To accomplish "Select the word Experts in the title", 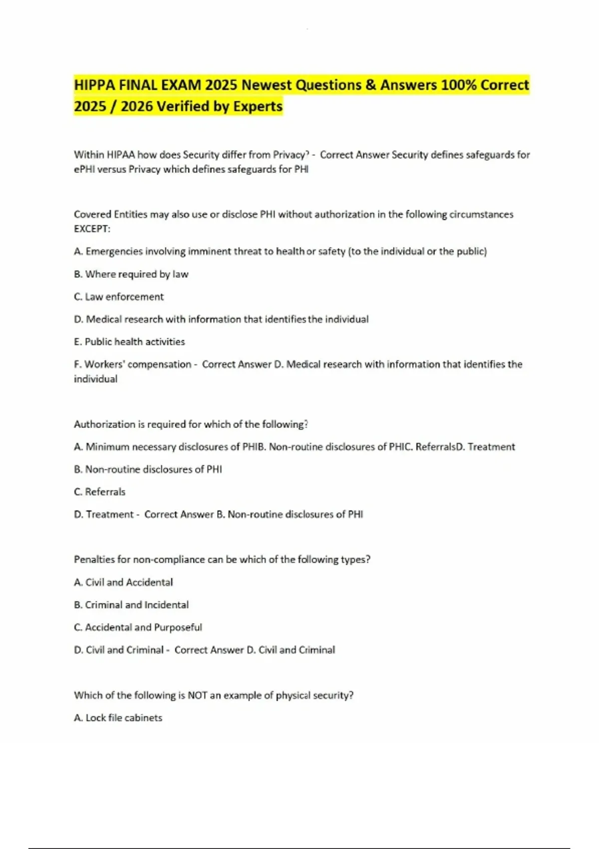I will click(x=258, y=106).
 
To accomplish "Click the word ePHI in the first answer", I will click(x=84, y=169).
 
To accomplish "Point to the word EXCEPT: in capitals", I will click(x=92, y=229).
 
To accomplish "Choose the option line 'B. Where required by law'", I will click(x=131, y=274).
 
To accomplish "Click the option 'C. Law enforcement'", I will click(x=119, y=297).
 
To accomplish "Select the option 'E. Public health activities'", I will click(x=129, y=342).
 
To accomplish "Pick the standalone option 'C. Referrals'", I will click(x=99, y=492).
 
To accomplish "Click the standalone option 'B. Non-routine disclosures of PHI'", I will click(x=148, y=469).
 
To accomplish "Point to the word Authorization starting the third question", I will click(x=105, y=424).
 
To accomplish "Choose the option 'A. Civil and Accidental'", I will click(x=123, y=582).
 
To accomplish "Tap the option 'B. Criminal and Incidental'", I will click(x=131, y=605).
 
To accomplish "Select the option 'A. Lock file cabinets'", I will click(x=118, y=718).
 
